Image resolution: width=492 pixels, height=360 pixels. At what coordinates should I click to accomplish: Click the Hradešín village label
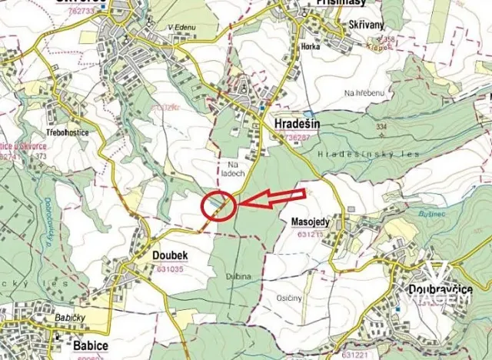298,123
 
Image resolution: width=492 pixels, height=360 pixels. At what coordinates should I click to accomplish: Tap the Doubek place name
170,255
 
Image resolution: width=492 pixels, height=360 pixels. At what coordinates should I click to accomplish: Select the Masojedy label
311,222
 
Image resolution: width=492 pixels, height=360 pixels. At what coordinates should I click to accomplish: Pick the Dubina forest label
239,275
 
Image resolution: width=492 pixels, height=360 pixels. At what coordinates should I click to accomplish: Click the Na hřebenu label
364,93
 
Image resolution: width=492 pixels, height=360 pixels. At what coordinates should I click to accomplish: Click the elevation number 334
381,126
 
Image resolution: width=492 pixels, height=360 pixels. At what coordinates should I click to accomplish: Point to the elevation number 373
41,156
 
